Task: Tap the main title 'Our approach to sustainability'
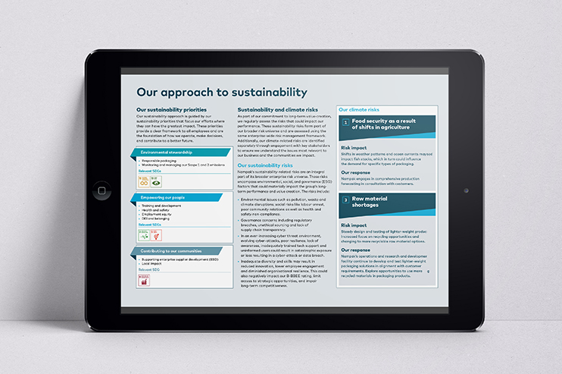point(221,93)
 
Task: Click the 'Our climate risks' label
point(359,109)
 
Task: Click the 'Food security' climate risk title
point(387,125)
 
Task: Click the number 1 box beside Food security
point(346,122)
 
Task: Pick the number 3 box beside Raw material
point(346,200)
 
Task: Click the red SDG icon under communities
point(144,281)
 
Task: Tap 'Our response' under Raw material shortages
point(357,250)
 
